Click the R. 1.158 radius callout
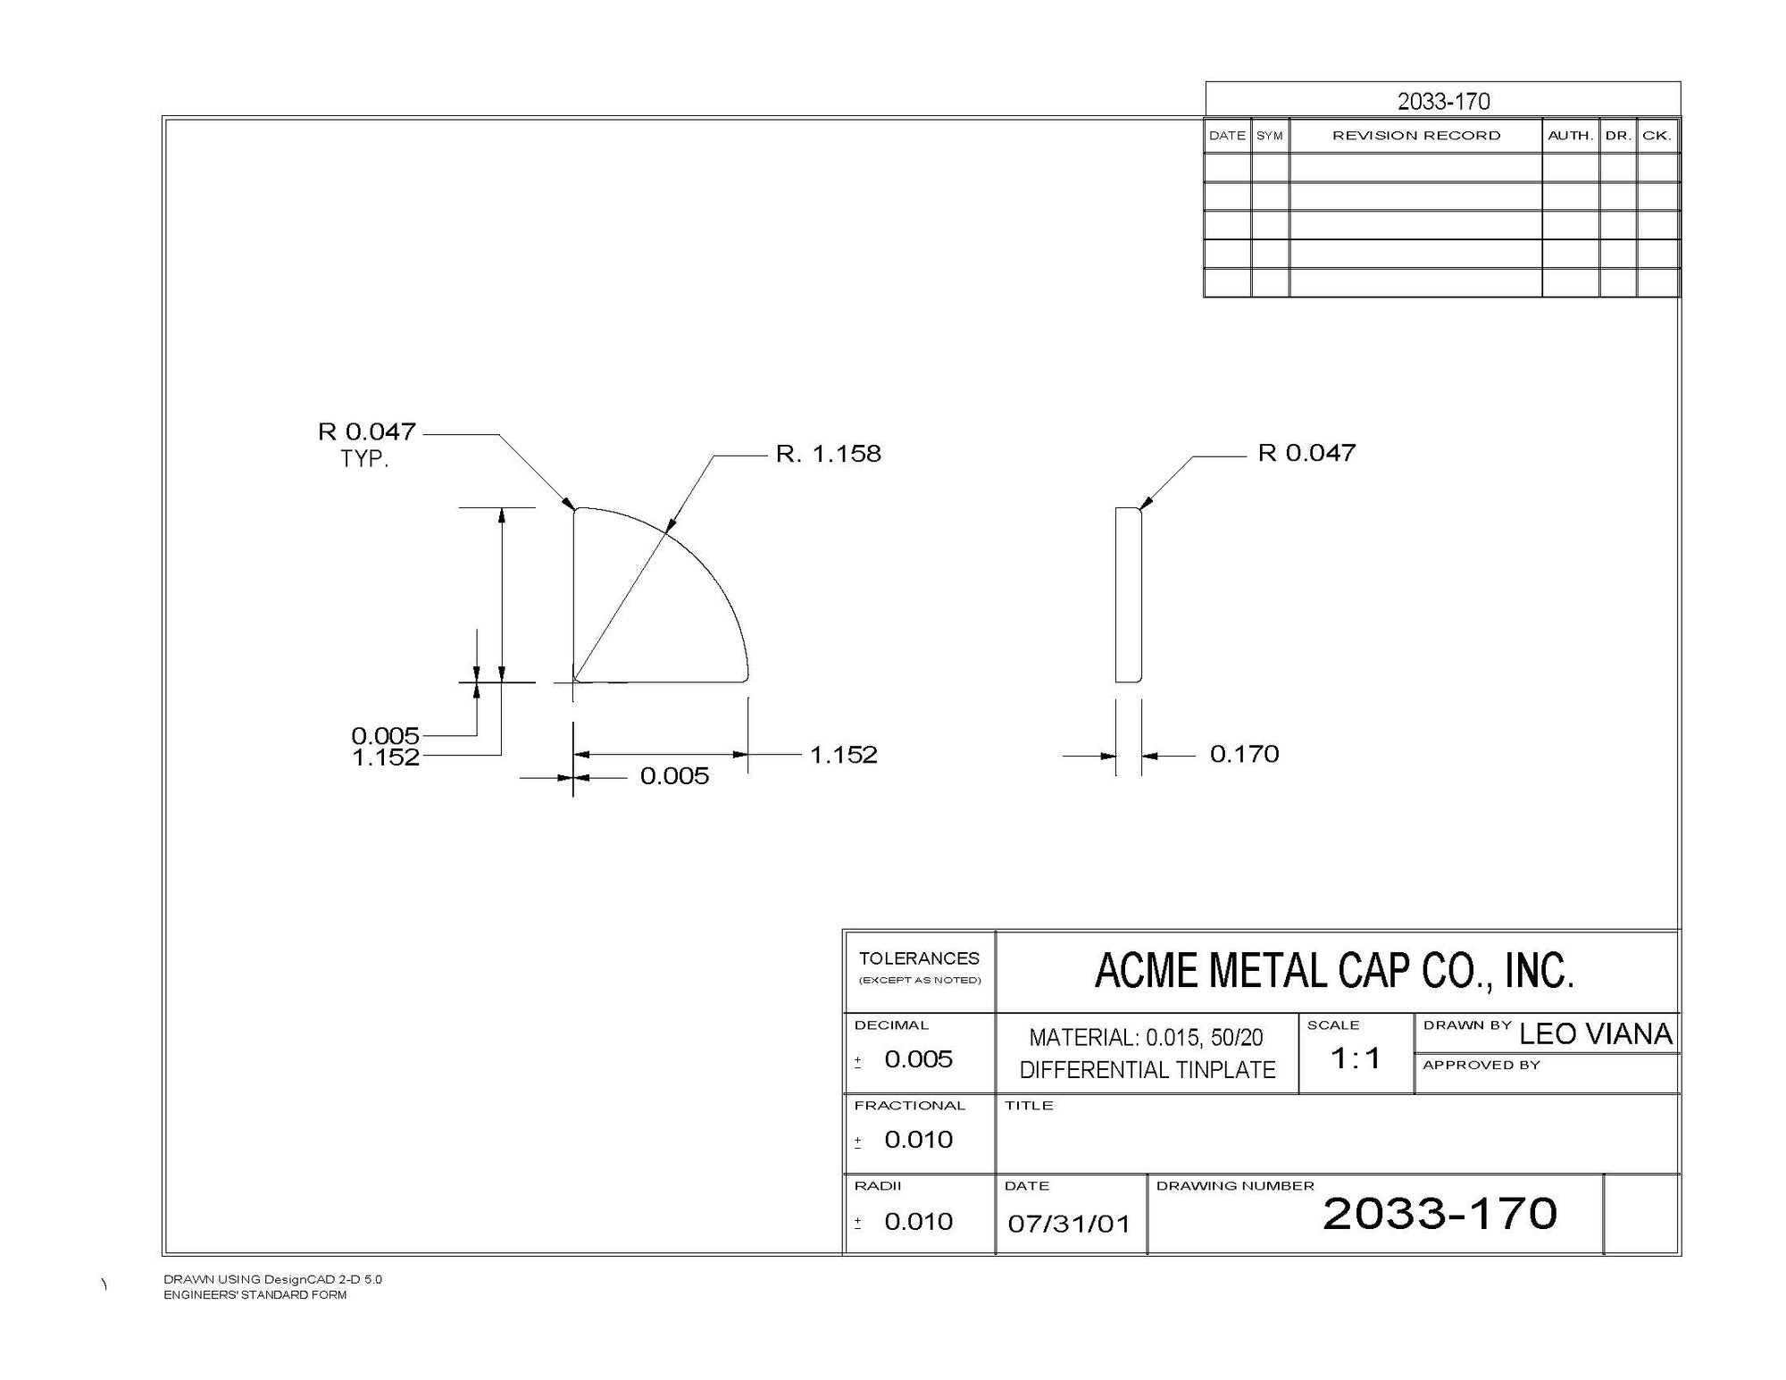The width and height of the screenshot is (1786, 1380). (828, 454)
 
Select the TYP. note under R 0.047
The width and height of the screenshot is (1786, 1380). (364, 460)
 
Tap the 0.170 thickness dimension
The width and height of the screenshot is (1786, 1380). (1244, 754)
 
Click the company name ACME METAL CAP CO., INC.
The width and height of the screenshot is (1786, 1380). (1334, 971)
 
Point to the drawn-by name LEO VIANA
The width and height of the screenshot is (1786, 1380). (1595, 1033)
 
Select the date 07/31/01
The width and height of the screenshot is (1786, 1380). (1069, 1223)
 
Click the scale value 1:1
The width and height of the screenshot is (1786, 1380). (1356, 1058)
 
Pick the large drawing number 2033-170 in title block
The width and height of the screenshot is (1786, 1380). (1440, 1214)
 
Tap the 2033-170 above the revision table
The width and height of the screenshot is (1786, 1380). (1444, 101)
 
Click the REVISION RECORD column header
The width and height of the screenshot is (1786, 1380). (1416, 136)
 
